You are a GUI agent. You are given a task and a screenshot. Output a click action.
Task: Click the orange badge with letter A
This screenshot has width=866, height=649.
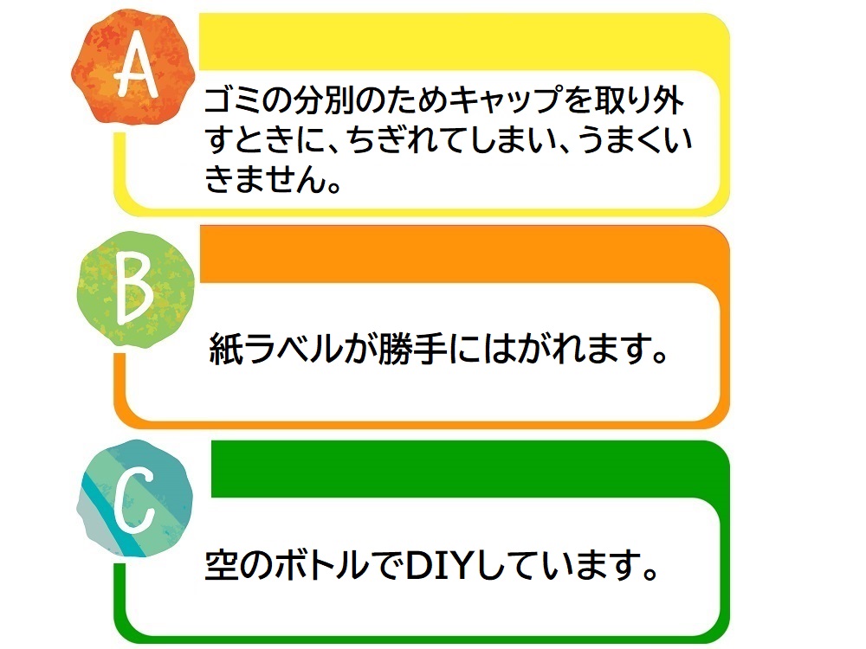[x=133, y=68]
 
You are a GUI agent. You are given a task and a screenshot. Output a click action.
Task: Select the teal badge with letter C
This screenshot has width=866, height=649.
[x=135, y=498]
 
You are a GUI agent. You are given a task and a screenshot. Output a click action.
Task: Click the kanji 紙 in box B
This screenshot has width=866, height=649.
[x=226, y=348]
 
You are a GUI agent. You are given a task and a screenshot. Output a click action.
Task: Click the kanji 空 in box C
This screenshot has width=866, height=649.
[x=222, y=565]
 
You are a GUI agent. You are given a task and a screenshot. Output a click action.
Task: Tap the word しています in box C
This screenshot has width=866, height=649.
[x=559, y=565]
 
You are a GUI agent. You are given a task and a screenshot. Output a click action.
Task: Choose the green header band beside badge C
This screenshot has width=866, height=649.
[x=469, y=469]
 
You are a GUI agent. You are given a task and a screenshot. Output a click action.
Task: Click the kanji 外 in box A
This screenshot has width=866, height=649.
[x=669, y=100]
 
